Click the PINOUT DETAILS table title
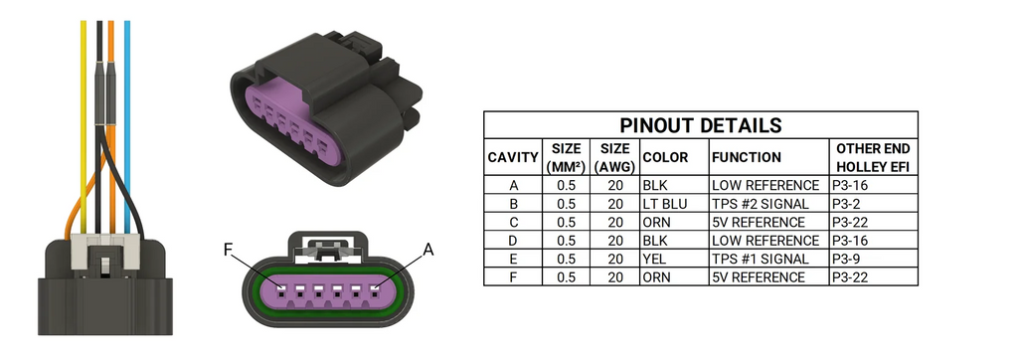tap(700, 124)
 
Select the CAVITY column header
tap(513, 157)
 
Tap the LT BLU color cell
tap(665, 204)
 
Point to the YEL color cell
tap(655, 259)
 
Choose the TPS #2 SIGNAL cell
tap(761, 204)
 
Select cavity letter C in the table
tap(514, 222)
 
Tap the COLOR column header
tap(665, 157)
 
